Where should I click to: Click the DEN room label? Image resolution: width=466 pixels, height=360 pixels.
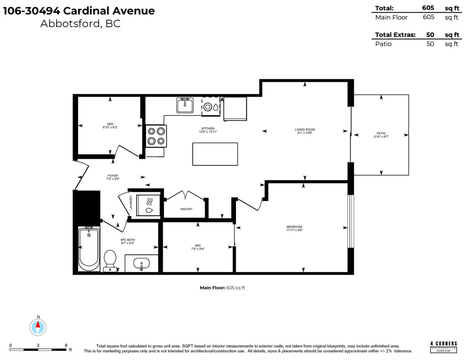110,124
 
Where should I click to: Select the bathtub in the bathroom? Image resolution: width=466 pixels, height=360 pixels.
89,249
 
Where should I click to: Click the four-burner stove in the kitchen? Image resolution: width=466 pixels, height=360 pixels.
156,136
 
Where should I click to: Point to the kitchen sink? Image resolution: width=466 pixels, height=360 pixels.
185,105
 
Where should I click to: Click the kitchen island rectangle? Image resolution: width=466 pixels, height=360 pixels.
215,154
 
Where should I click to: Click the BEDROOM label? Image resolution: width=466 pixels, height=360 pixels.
294,227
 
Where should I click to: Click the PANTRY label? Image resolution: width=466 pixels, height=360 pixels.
186,209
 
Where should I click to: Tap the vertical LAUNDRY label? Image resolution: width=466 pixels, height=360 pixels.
131,202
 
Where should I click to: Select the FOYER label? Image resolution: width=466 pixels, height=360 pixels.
112,176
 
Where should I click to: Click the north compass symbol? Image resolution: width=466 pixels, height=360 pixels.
38,327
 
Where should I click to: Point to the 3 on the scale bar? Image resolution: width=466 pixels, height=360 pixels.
38,345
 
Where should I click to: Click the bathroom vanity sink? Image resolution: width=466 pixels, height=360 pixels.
141,264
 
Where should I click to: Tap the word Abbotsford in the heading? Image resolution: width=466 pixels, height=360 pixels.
68,24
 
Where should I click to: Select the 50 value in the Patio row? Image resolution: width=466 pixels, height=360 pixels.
430,44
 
